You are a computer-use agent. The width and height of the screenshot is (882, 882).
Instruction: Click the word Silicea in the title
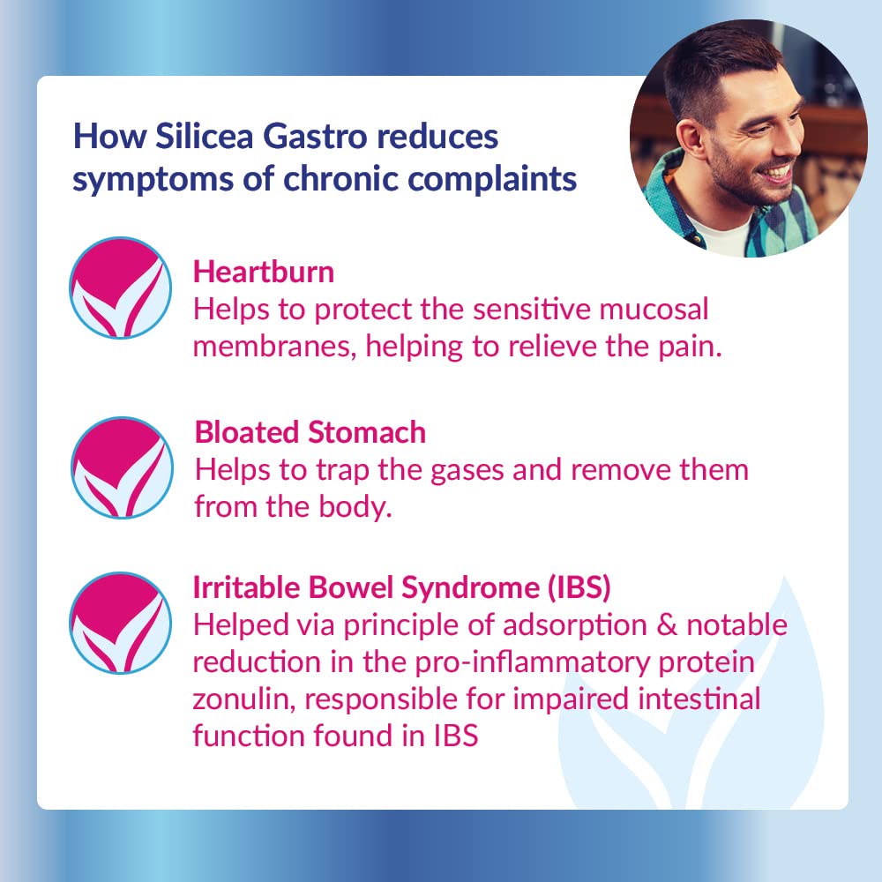click(205, 137)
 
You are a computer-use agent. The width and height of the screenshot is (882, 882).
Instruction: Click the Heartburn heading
click(263, 273)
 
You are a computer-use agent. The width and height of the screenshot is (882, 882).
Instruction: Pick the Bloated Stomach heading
click(310, 432)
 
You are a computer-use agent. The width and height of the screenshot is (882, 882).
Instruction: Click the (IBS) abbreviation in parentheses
click(579, 587)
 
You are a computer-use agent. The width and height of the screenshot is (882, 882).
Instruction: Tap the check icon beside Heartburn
click(120, 288)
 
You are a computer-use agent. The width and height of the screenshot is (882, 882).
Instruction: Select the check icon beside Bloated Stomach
click(122, 467)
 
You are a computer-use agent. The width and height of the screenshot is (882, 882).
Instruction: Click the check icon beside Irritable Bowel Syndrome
click(120, 623)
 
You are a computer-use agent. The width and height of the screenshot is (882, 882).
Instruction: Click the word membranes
click(275, 346)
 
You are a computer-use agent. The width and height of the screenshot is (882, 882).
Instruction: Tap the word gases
click(467, 471)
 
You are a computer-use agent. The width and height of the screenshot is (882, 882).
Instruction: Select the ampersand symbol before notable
click(667, 625)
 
